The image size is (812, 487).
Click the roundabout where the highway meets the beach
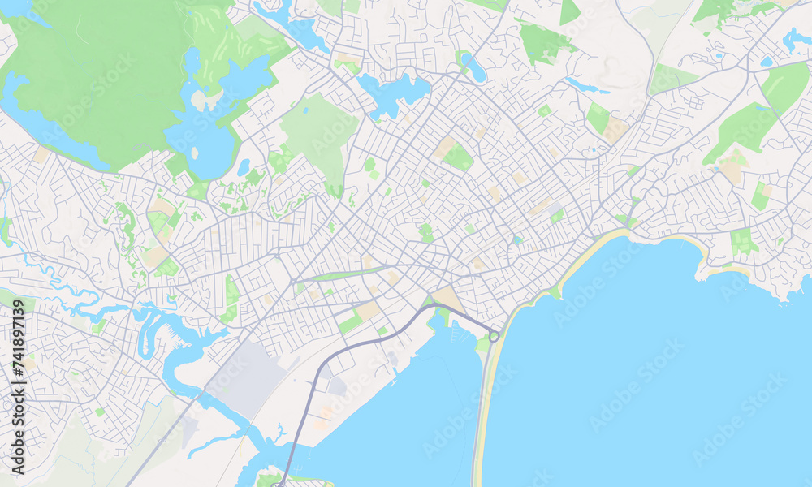494,335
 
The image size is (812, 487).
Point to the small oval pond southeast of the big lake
244,167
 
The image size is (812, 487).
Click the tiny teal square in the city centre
516,239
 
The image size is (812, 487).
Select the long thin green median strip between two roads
341,274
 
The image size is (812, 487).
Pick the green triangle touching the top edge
569,11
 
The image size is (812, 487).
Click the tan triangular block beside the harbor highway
448,298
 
